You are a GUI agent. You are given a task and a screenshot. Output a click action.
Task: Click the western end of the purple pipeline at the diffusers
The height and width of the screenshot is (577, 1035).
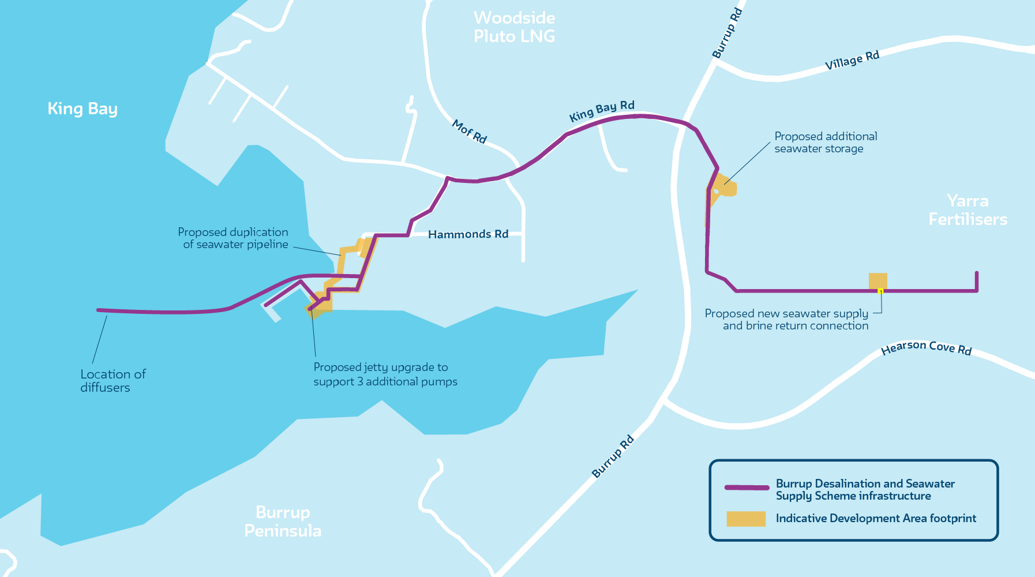tap(99, 310)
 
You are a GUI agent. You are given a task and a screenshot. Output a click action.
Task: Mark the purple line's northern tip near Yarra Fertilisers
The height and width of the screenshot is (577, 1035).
tap(977, 273)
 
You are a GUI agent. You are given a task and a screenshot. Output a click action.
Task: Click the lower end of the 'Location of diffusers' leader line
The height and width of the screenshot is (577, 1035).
tap(93, 363)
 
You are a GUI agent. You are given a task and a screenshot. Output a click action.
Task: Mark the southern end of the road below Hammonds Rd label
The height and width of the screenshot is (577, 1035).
tap(523, 260)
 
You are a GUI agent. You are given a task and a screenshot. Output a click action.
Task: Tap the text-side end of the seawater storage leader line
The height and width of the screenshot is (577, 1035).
tap(770, 143)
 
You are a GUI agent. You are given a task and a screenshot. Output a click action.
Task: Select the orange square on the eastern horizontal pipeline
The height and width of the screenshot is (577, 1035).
tap(878, 281)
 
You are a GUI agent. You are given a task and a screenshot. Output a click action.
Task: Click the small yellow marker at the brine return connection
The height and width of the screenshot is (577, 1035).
tap(880, 291)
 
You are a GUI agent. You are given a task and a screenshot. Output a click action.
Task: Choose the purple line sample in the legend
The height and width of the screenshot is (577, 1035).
tap(747, 488)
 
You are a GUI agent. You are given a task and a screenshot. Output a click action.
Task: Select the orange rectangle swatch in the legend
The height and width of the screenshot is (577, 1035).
tap(746, 519)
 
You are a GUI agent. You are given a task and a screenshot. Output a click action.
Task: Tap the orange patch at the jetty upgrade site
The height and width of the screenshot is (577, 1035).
tap(319, 303)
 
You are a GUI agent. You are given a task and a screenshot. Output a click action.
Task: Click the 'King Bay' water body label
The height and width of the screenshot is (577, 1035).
tap(82, 109)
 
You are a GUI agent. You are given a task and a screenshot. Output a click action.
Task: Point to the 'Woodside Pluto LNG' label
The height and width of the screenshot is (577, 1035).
tap(515, 27)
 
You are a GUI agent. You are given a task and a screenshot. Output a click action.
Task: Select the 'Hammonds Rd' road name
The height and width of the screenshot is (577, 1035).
tap(468, 234)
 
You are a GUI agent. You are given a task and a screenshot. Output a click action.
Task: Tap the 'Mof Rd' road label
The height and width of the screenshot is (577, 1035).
tap(470, 132)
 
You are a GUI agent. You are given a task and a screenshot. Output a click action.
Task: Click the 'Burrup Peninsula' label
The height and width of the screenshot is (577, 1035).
tap(283, 521)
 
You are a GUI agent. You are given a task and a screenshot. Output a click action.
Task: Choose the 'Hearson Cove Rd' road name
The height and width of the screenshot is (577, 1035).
tap(927, 347)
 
